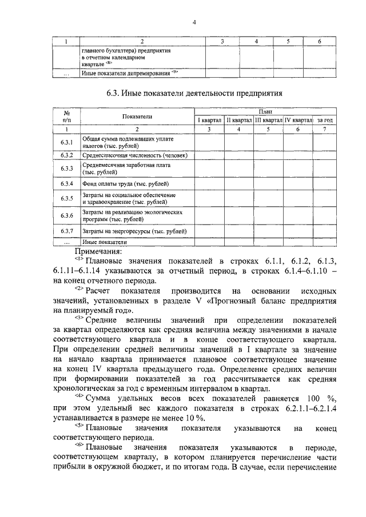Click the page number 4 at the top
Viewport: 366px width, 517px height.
click(x=194, y=22)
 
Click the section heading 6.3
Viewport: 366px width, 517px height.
click(x=194, y=93)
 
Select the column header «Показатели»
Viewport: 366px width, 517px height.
click(x=136, y=117)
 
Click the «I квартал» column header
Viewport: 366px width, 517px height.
click(x=209, y=121)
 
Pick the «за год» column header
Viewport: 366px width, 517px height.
click(x=325, y=121)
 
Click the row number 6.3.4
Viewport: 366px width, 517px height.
click(x=66, y=184)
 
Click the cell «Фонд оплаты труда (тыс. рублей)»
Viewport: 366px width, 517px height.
click(x=126, y=184)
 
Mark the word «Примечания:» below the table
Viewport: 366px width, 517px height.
click(x=98, y=250)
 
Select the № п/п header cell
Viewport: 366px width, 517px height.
click(x=66, y=117)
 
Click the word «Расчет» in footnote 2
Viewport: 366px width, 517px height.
click(x=101, y=290)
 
